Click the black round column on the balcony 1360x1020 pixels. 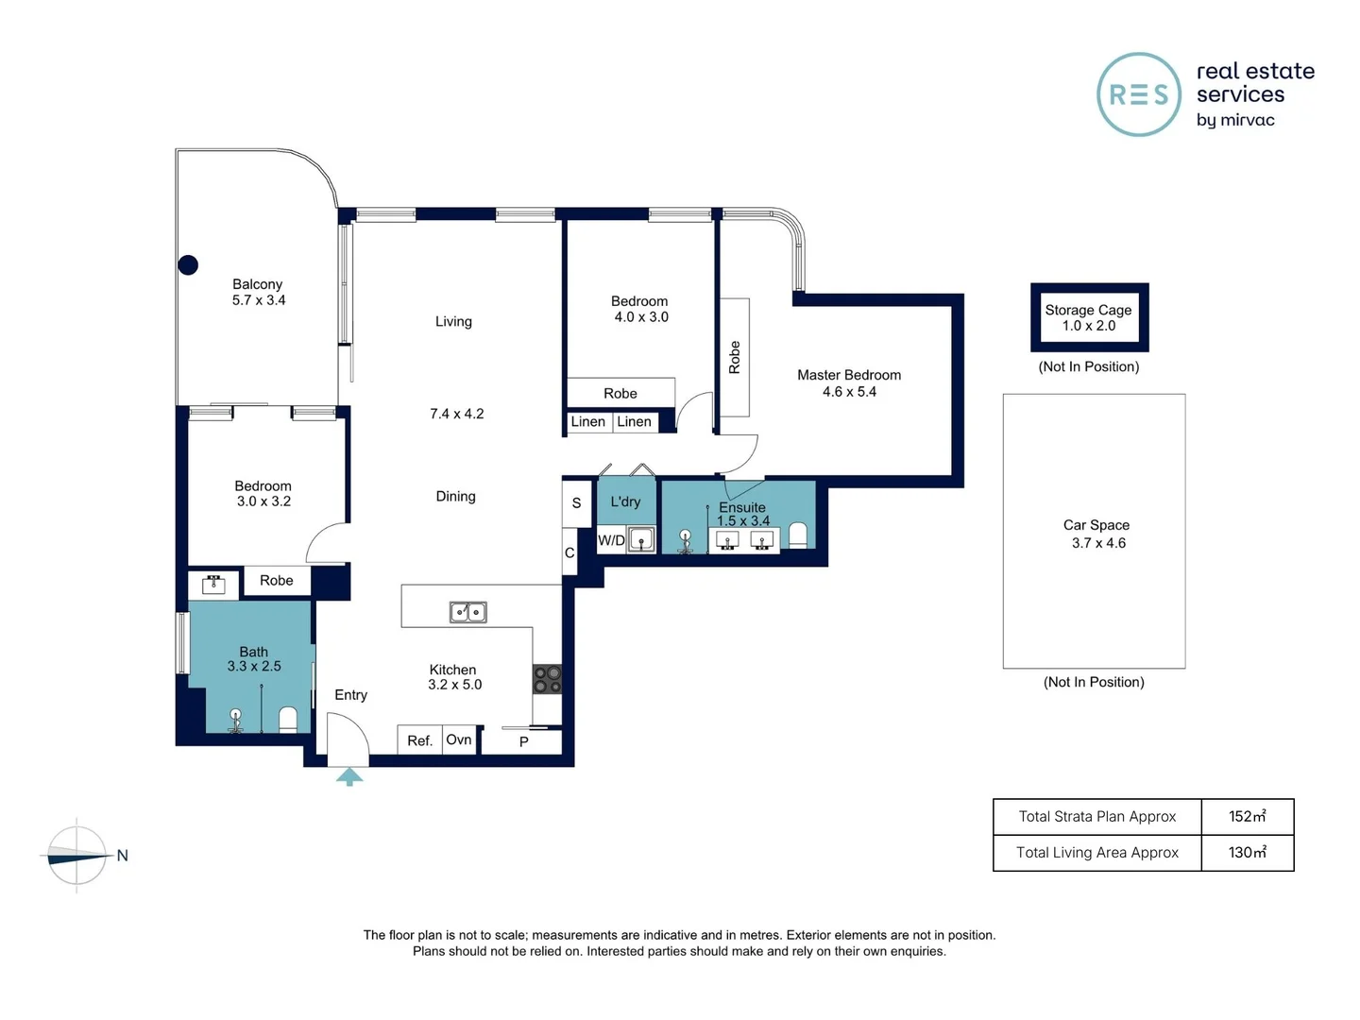[188, 265]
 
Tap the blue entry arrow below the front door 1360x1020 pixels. [349, 776]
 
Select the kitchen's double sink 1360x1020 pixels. [467, 612]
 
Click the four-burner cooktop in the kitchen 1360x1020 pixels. [547, 679]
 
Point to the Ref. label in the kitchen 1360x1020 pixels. [419, 740]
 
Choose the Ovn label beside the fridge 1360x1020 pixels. [458, 739]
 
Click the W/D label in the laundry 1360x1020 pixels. [611, 540]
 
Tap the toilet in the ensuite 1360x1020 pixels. [798, 535]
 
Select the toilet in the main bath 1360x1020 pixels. [288, 720]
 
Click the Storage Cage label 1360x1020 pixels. [1088, 310]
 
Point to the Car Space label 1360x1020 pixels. [1096, 524]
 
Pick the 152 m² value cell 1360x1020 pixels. [1248, 816]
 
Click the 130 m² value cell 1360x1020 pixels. [1248, 852]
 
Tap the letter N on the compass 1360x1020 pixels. [122, 856]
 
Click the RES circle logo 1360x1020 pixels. [1139, 94]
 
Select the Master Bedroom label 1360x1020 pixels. [849, 375]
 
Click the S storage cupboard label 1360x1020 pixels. [576, 502]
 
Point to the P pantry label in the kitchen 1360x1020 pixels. [523, 741]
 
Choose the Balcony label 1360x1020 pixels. [257, 284]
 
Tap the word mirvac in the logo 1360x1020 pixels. [1247, 120]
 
